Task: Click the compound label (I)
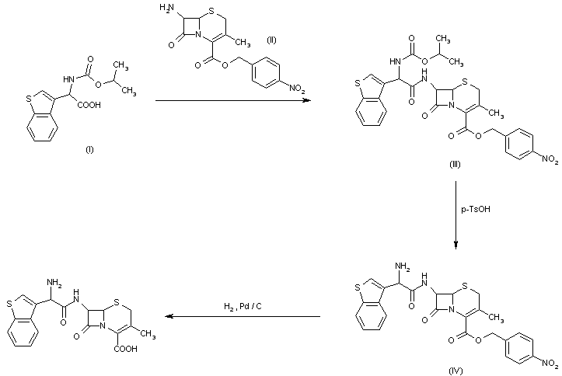(x=89, y=149)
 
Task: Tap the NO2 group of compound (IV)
(x=547, y=362)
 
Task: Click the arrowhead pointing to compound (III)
(x=305, y=101)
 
